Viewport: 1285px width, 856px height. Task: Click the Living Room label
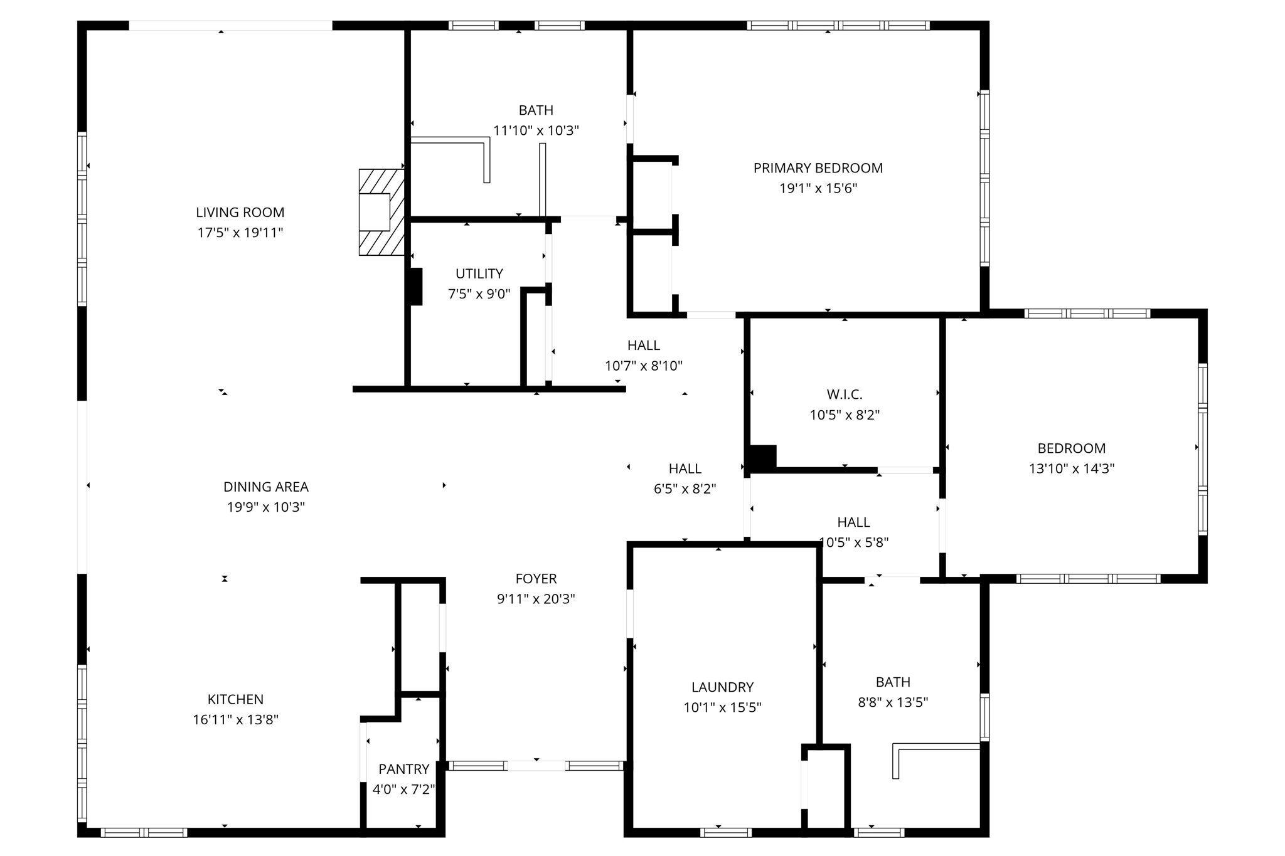(x=240, y=213)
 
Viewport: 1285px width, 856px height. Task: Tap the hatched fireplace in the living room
(x=380, y=212)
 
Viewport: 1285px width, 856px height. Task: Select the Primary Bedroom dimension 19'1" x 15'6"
(x=818, y=188)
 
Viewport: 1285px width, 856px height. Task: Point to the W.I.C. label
(x=844, y=394)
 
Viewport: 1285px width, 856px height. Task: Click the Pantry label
(x=403, y=769)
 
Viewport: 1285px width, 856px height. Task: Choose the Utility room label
(x=479, y=273)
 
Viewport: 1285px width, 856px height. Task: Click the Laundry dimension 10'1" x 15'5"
(x=722, y=707)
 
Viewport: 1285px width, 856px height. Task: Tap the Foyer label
(x=536, y=578)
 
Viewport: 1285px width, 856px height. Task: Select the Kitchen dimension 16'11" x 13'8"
(x=235, y=719)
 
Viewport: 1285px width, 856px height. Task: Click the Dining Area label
(x=265, y=487)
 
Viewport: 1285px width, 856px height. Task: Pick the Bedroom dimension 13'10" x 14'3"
(x=1071, y=468)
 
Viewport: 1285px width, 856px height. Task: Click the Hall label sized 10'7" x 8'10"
(x=643, y=345)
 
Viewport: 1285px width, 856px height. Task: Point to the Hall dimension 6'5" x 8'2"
(x=685, y=489)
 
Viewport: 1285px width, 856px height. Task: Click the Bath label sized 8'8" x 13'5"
(x=892, y=682)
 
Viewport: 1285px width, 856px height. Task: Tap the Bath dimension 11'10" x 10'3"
(x=535, y=130)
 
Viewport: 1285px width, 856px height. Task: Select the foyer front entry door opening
(x=536, y=766)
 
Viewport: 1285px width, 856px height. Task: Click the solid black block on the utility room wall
(x=415, y=287)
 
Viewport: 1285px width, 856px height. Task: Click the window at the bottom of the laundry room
(x=725, y=832)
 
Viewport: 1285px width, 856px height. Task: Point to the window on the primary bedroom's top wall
(x=838, y=26)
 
